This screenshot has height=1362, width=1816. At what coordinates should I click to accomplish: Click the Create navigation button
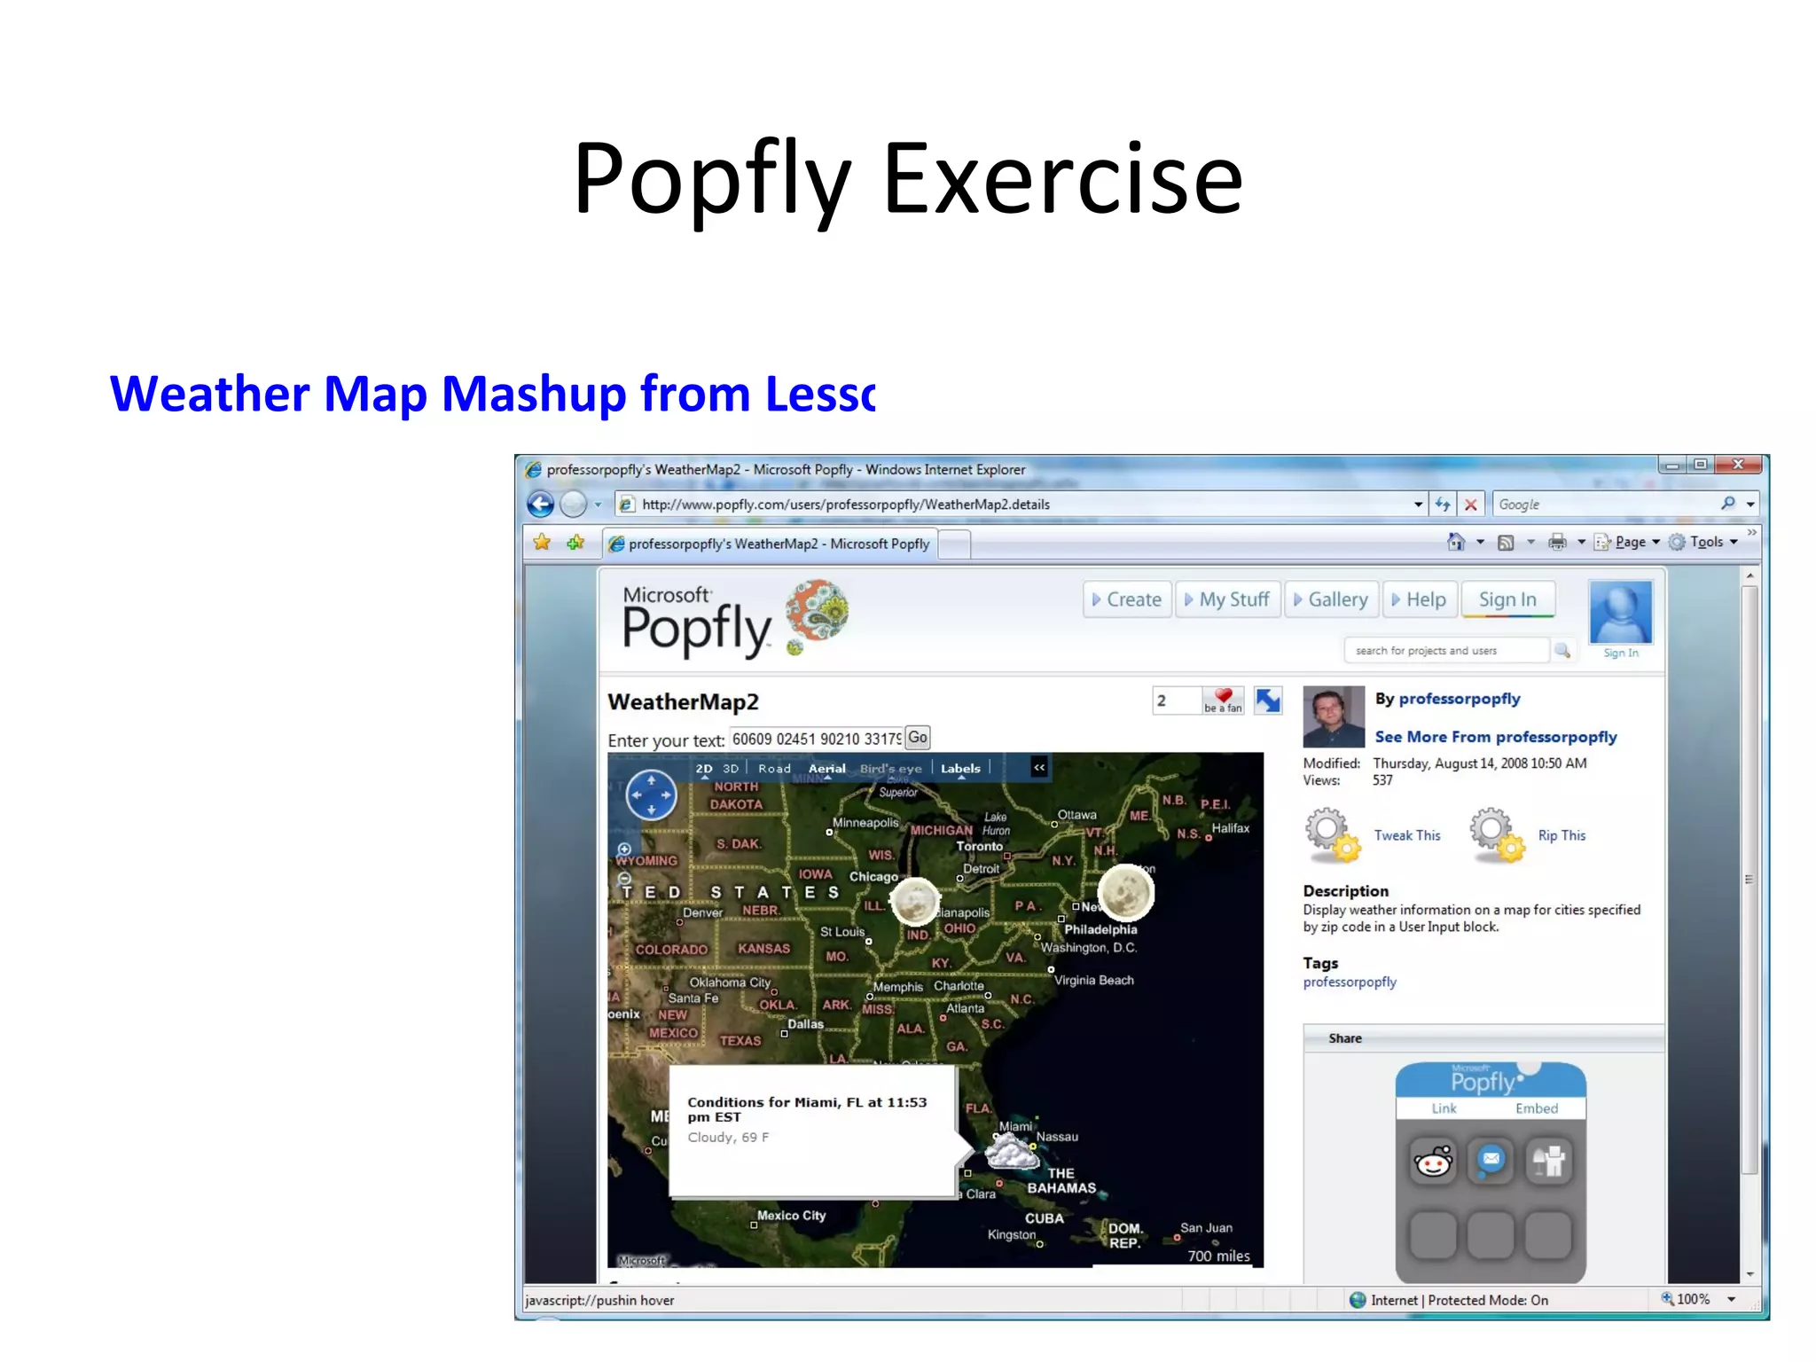[x=1126, y=600]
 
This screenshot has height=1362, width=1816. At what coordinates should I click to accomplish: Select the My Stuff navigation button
[x=1227, y=600]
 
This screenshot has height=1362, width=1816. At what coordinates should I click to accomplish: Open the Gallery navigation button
[x=1330, y=600]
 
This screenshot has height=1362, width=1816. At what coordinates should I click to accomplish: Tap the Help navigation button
[x=1419, y=600]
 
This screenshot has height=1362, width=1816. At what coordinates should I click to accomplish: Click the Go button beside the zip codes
[x=918, y=738]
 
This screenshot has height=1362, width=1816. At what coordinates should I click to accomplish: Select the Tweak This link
[x=1406, y=835]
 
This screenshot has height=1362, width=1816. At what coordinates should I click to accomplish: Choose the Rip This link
[x=1562, y=835]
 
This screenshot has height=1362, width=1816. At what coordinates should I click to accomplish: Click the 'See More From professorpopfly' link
[x=1495, y=737]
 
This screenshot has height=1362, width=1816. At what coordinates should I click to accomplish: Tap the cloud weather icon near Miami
[x=1012, y=1153]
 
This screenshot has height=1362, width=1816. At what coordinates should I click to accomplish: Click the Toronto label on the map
[x=979, y=846]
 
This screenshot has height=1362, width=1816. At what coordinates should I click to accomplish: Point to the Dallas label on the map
[x=805, y=1024]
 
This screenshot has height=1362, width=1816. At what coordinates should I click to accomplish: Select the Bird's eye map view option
[x=890, y=769]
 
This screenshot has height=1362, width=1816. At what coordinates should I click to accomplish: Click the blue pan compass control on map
[x=652, y=794]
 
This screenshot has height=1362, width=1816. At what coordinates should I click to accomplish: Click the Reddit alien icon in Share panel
[x=1433, y=1162]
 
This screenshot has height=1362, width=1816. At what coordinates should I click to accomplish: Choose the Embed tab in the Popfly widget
[x=1536, y=1108]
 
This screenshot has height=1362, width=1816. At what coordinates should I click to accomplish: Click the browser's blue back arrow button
[x=540, y=505]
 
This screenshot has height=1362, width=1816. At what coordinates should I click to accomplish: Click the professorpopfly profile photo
[x=1333, y=716]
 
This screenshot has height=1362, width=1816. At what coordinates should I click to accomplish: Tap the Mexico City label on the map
[x=791, y=1216]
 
